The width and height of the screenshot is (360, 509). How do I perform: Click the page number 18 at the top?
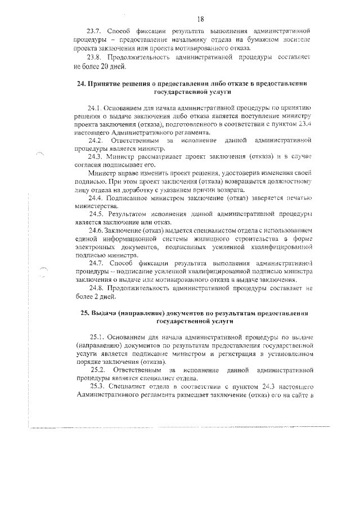[200, 19]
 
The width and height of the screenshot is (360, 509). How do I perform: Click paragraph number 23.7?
[93, 29]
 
